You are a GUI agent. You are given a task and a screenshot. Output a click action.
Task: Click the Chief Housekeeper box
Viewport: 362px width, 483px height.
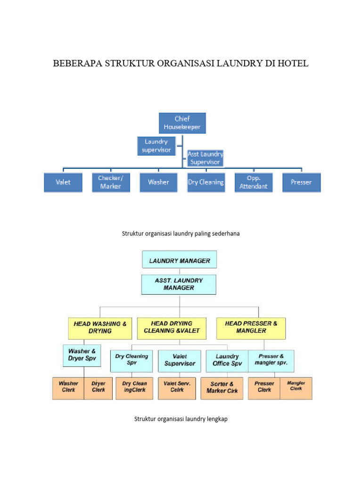pyautogui.click(x=182, y=123)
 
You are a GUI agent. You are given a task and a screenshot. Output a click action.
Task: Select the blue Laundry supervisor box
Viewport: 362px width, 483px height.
pyautogui.click(x=156, y=146)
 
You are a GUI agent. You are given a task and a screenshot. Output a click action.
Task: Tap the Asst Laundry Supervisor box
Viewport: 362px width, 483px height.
pyautogui.click(x=205, y=158)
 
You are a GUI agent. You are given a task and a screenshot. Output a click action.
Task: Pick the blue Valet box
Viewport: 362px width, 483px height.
pyautogui.click(x=63, y=182)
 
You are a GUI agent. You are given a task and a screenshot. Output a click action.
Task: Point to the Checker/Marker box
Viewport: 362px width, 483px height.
pyautogui.click(x=110, y=182)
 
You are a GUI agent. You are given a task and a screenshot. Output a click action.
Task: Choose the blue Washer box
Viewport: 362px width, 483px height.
pyautogui.click(x=158, y=182)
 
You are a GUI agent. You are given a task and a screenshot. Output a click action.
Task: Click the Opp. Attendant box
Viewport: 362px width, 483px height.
pyautogui.click(x=254, y=182)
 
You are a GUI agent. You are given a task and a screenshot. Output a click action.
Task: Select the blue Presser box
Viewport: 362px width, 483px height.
pyautogui.click(x=302, y=182)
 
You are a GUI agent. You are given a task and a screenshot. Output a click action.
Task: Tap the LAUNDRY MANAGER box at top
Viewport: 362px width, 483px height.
pyautogui.click(x=180, y=260)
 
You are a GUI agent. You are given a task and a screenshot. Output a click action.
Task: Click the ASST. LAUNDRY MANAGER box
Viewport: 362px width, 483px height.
pyautogui.click(x=179, y=284)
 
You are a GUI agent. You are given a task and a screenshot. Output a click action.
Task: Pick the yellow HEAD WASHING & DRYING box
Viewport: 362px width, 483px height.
pyautogui.click(x=100, y=328)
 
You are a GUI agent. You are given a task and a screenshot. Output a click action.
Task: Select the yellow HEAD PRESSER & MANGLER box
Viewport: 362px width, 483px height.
pyautogui.click(x=251, y=328)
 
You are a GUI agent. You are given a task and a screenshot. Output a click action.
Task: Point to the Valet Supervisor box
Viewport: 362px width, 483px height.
pyautogui.click(x=180, y=360)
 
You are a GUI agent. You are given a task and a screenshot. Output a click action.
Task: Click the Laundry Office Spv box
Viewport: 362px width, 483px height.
pyautogui.click(x=227, y=360)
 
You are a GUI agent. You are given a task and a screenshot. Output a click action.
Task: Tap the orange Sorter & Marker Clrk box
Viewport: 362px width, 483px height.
pyautogui.click(x=222, y=388)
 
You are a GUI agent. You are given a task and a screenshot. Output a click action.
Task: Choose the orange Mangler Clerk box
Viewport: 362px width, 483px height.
pyautogui.click(x=296, y=387)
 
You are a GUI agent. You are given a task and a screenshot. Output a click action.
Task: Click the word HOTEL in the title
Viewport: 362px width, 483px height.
pyautogui.click(x=292, y=63)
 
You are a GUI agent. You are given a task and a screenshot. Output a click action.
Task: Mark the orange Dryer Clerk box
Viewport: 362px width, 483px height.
pyautogui.click(x=99, y=387)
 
